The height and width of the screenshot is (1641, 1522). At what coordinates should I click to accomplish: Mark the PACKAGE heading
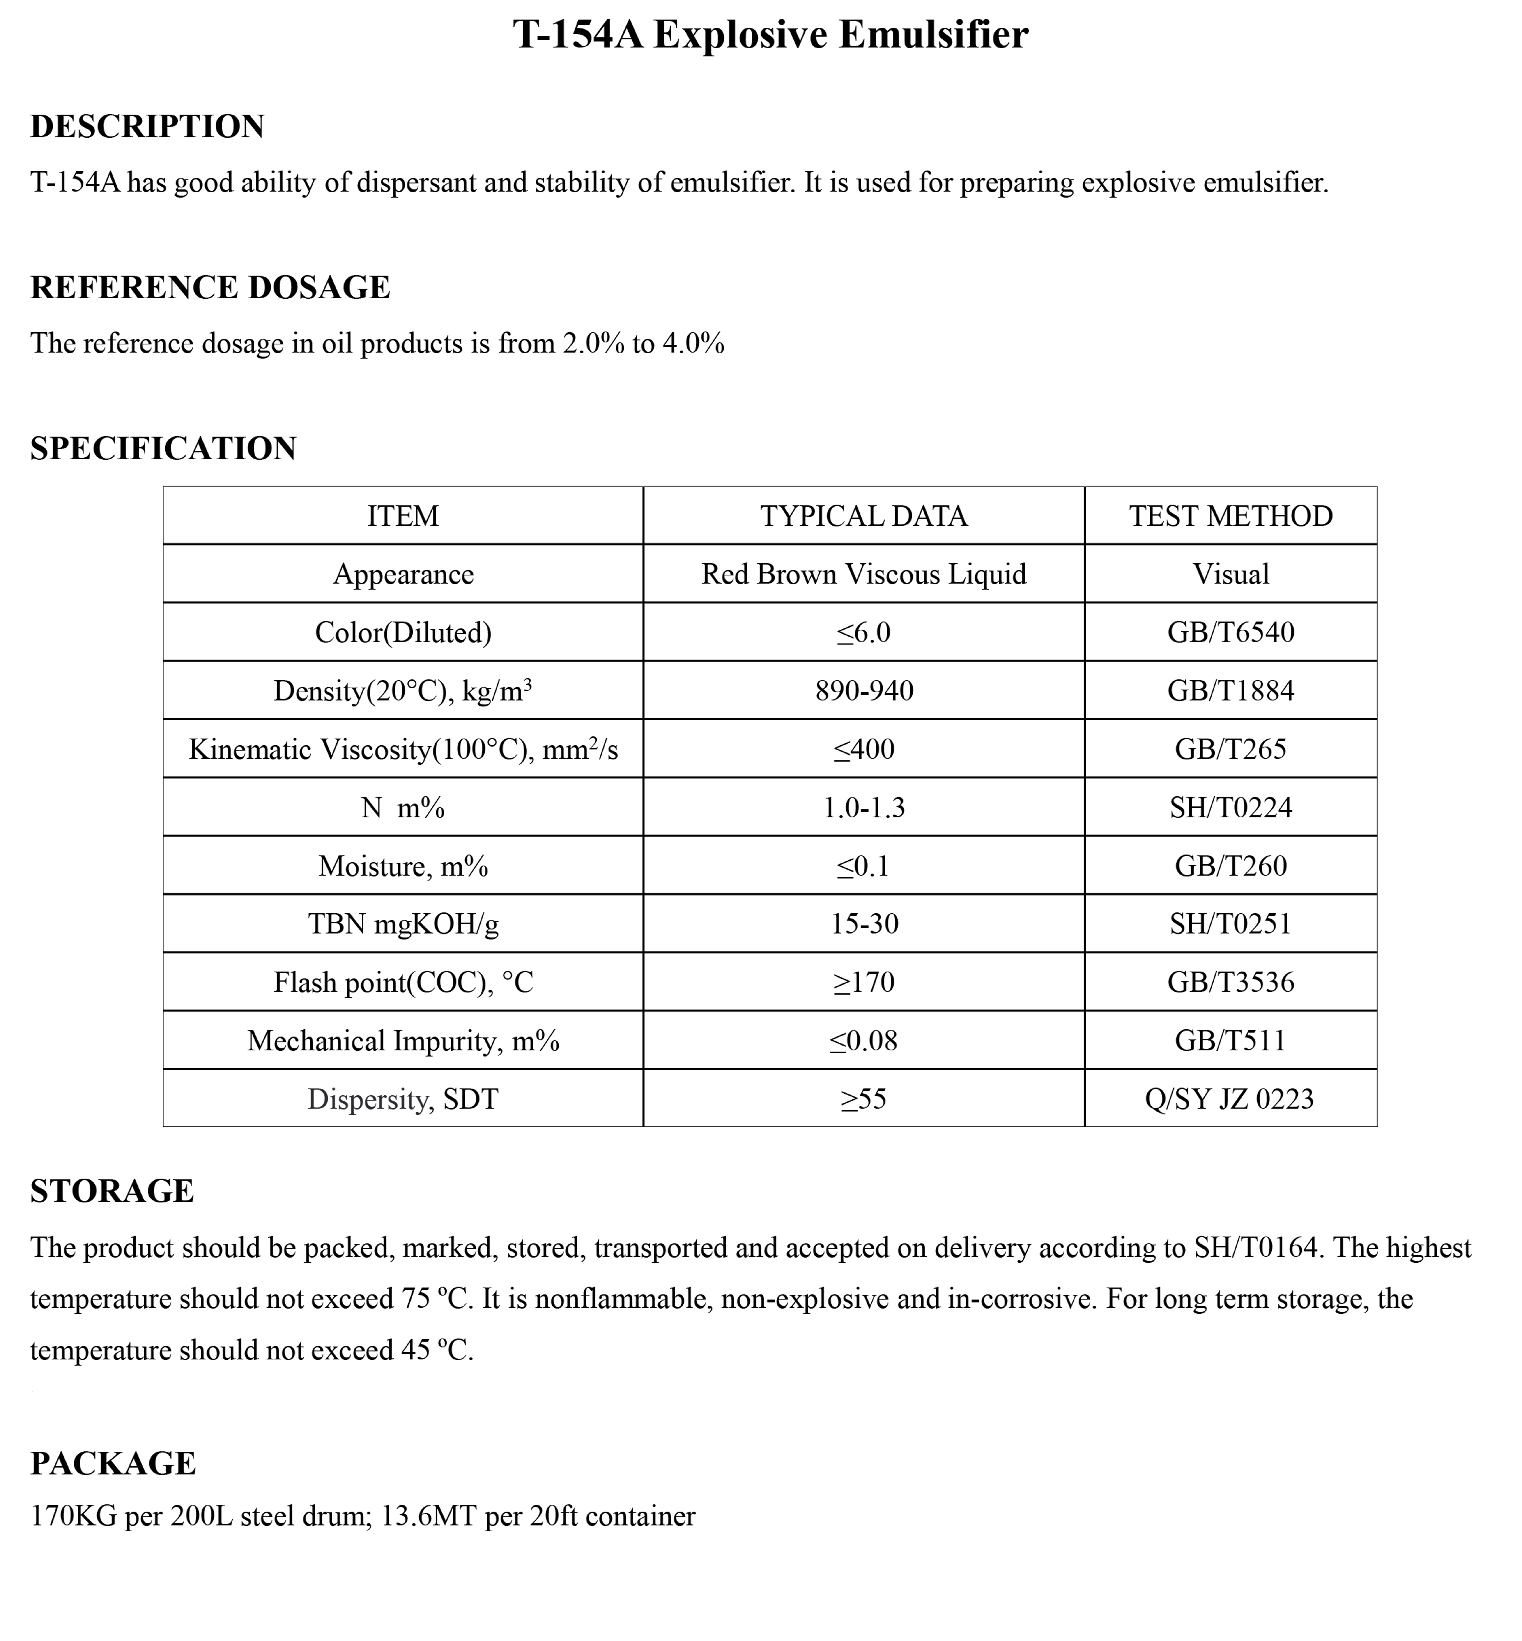[113, 1463]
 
